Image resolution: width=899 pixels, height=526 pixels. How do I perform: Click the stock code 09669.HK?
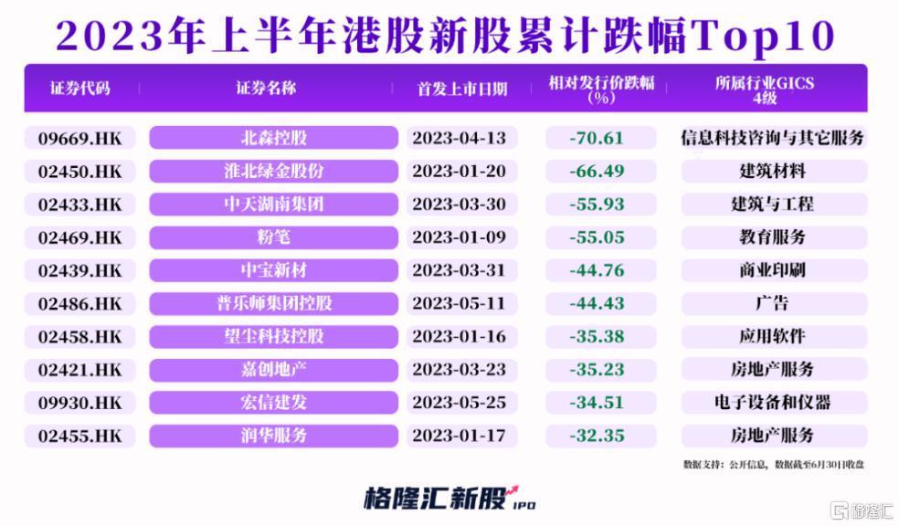(x=79, y=138)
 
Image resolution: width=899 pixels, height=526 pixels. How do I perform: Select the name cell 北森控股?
(x=273, y=138)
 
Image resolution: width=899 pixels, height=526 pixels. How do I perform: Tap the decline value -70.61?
(x=596, y=138)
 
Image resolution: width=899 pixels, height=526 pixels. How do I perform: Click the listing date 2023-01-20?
(x=459, y=171)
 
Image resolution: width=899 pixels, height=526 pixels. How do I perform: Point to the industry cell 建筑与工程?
(x=773, y=204)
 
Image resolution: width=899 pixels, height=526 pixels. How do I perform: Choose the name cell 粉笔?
(x=273, y=237)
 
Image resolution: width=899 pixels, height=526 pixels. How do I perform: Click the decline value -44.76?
(x=596, y=270)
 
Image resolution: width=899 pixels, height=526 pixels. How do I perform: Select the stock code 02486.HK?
(x=79, y=303)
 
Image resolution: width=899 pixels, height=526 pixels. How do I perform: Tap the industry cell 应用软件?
(x=773, y=336)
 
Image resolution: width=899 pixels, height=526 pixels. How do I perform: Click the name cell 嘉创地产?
(x=273, y=369)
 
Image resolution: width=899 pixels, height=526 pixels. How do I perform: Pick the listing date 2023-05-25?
(x=459, y=402)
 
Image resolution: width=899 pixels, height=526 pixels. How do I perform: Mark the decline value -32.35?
(x=596, y=436)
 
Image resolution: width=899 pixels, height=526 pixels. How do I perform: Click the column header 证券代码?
(x=80, y=89)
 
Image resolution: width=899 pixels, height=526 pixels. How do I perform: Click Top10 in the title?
(x=767, y=36)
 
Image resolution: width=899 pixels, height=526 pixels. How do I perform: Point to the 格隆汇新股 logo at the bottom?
(x=448, y=499)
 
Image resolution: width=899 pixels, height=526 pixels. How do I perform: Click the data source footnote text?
(x=773, y=464)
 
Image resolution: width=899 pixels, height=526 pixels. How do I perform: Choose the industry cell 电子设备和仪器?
(x=773, y=402)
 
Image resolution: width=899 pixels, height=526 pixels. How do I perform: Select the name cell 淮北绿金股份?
(x=273, y=171)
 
